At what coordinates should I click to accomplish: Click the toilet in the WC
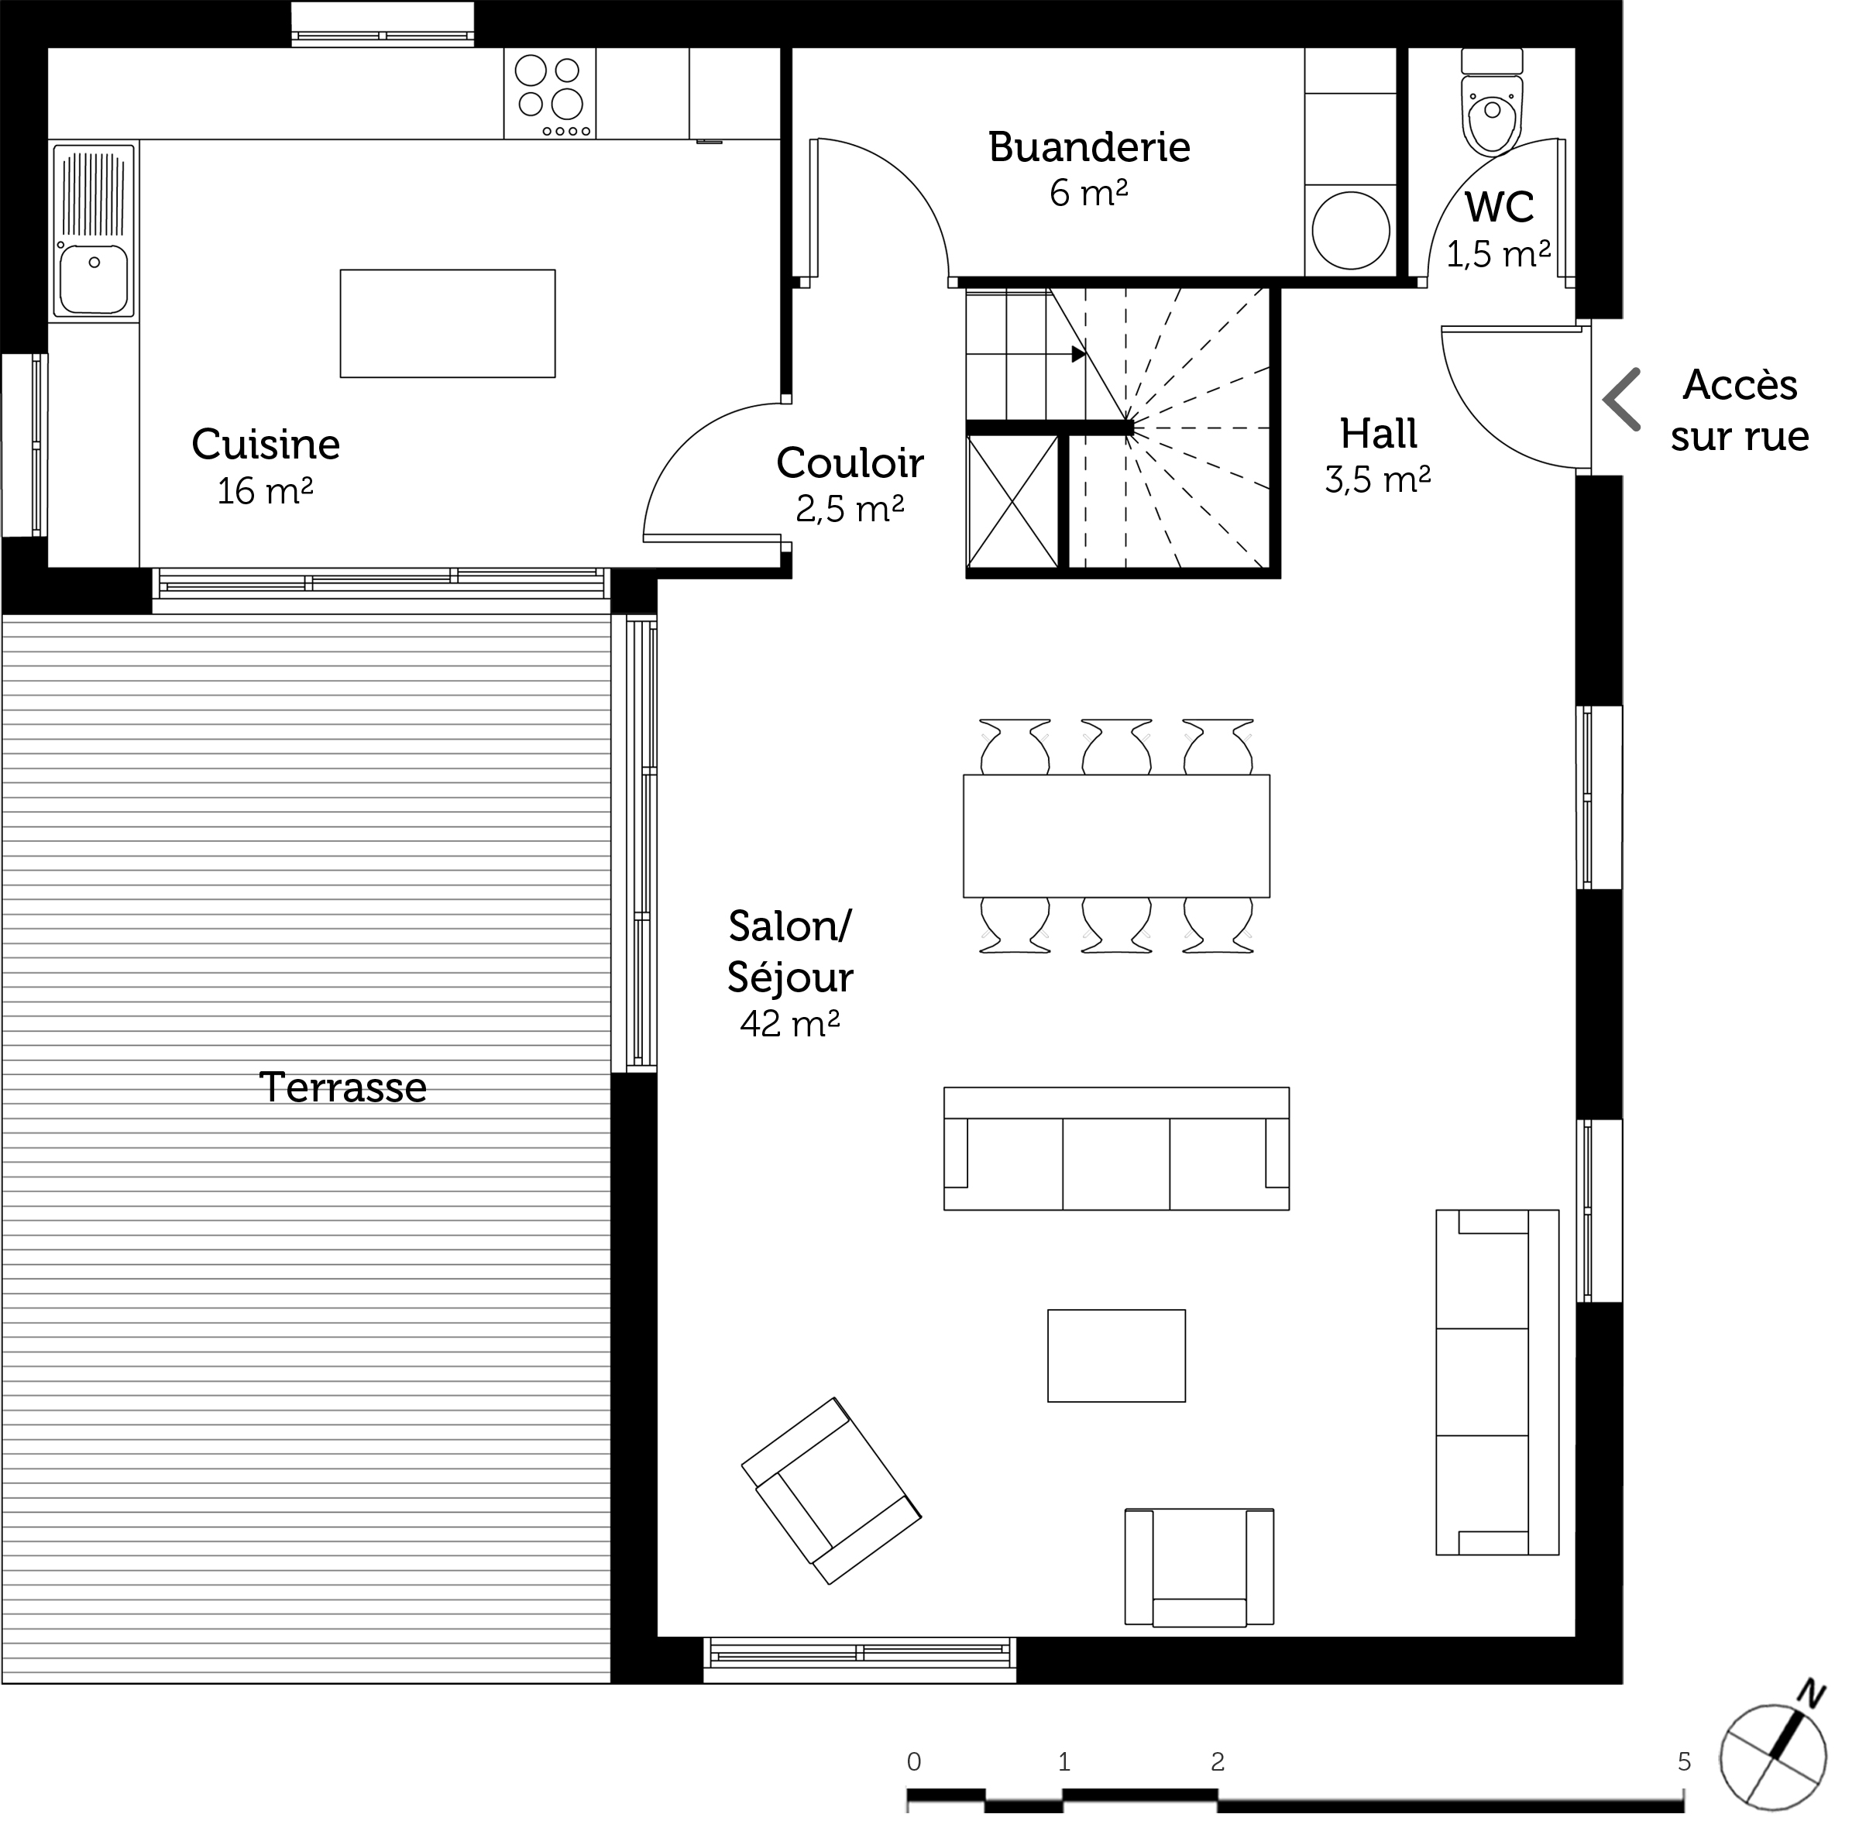pos(1492,102)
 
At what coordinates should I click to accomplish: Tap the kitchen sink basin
pos(93,277)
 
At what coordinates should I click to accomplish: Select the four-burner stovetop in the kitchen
pos(550,94)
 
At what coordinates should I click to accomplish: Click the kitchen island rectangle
pos(448,323)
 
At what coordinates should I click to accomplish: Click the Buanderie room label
pos(1089,147)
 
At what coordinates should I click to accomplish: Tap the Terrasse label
pos(342,1087)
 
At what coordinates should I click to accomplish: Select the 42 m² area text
pos(790,1023)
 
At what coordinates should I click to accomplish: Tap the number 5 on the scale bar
pos(1684,1761)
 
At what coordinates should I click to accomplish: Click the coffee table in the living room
pos(1116,1356)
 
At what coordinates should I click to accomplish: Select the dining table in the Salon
pos(1116,836)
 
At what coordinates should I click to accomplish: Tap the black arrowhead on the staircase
pos(1080,354)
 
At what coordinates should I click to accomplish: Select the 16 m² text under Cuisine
pos(265,492)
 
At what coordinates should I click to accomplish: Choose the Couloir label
pos(850,463)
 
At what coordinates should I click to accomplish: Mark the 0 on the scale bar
pos(914,1761)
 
